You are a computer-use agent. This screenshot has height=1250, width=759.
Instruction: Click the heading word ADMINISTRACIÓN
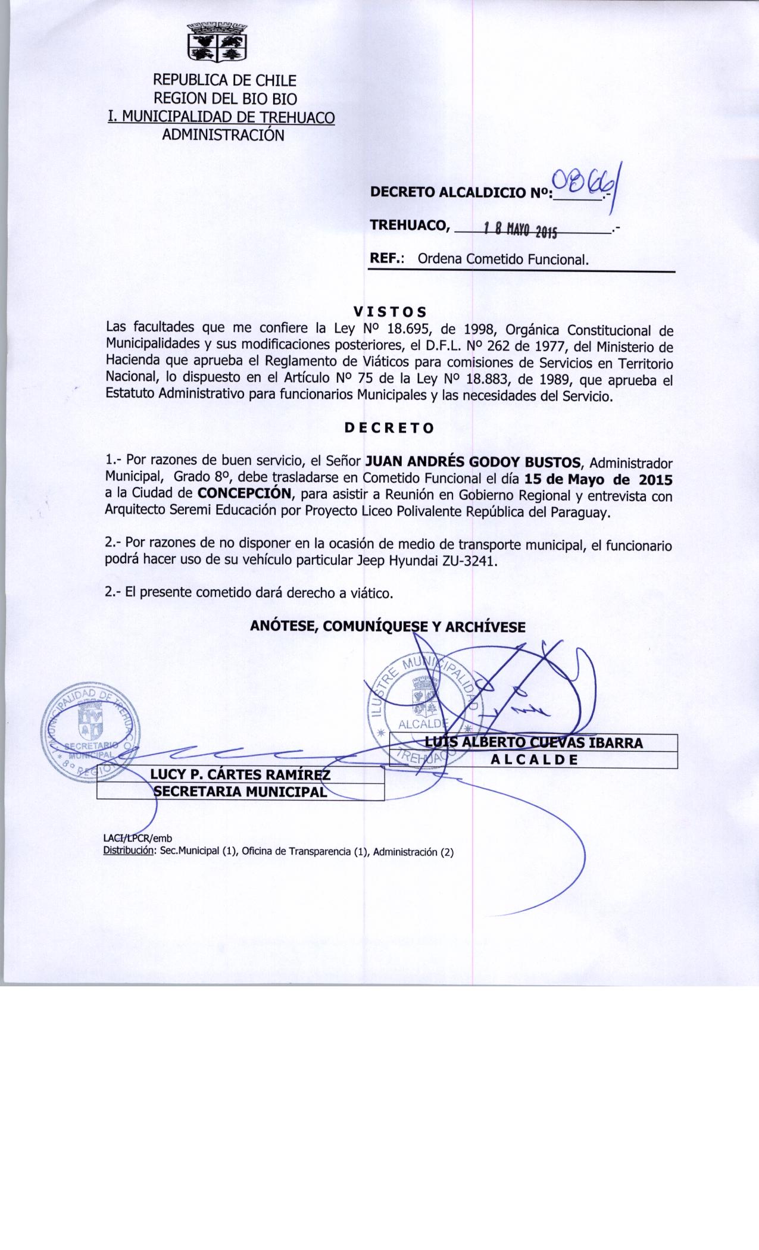point(223,135)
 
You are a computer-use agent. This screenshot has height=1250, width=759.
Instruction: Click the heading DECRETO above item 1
point(390,427)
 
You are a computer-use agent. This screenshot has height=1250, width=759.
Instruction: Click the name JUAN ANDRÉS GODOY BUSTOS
point(476,462)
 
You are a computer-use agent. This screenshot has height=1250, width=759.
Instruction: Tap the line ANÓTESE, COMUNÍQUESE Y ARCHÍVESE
point(388,626)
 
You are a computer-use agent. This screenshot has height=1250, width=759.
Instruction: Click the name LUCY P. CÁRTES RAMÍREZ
point(240,774)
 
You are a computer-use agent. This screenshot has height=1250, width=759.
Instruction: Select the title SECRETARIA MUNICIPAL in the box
point(240,792)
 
